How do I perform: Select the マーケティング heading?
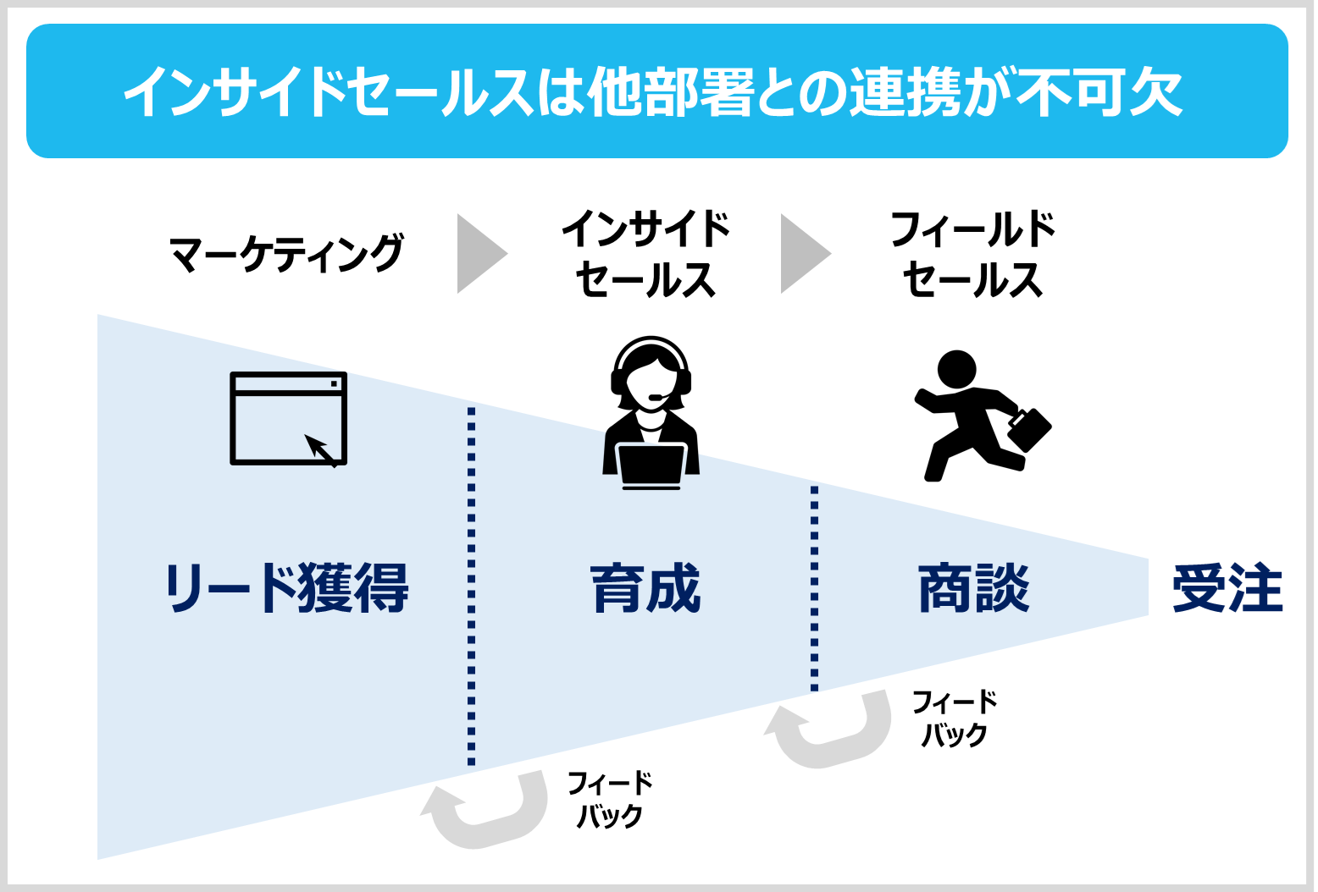[286, 254]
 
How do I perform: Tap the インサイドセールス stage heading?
[645, 254]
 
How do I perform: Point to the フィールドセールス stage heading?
[972, 254]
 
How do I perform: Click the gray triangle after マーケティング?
[479, 254]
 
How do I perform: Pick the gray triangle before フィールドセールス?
[802, 254]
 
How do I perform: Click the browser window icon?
[288, 418]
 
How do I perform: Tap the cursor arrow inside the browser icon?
[320, 449]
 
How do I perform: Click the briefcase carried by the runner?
[1028, 429]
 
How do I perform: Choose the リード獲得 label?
[286, 587]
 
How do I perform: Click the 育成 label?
[645, 587]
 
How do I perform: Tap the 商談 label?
[974, 587]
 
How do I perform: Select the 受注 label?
[1227, 587]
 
